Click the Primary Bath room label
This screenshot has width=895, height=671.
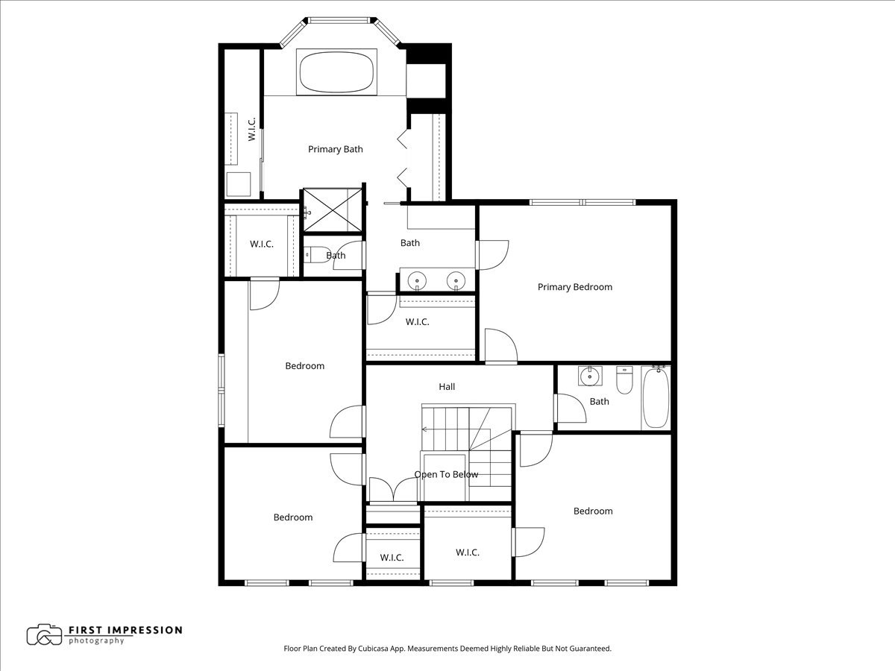[x=336, y=149]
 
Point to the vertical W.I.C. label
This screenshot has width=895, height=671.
[x=252, y=128]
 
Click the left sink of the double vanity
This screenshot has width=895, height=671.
[x=418, y=280]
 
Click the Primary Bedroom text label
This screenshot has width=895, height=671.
[x=574, y=287]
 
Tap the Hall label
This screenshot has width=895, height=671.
[x=447, y=386]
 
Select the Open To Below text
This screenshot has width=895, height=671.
[x=446, y=474]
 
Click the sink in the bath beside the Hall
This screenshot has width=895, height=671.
[x=590, y=377]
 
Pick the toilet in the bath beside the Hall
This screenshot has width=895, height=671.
[x=624, y=379]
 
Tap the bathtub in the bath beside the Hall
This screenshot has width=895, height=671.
[x=656, y=397]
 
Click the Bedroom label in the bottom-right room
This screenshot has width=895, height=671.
[x=593, y=511]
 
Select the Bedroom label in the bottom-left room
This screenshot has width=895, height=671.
[x=292, y=517]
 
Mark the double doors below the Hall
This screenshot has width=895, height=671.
[x=393, y=490]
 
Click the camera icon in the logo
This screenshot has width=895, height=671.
[x=44, y=634]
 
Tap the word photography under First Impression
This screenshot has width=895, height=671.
[x=96, y=641]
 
